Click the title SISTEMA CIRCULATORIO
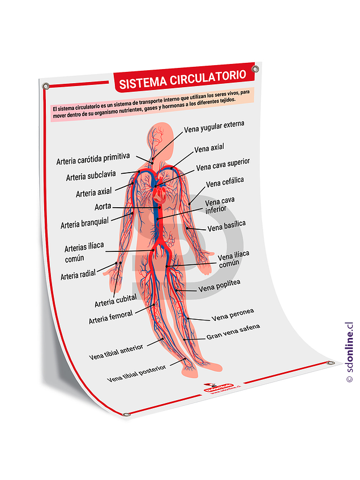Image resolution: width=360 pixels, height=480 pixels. pos(182,79)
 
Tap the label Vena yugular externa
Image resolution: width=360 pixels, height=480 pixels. pos(214,127)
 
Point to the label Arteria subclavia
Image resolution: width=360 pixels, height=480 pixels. pos(91,176)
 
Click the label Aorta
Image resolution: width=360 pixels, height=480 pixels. pos(102,206)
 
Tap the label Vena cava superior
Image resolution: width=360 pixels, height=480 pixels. pos(222,165)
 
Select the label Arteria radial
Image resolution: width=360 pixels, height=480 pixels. pos(78,275)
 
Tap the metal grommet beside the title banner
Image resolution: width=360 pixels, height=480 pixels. pos(255,69)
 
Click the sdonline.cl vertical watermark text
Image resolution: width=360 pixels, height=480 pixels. pos(349,352)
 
